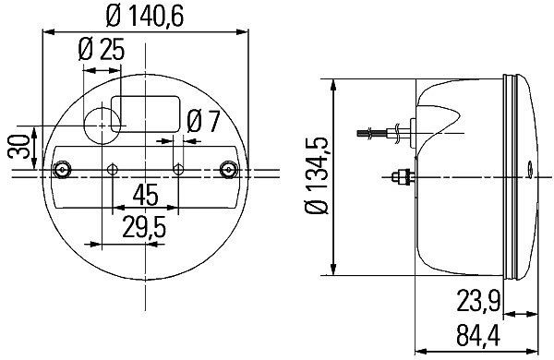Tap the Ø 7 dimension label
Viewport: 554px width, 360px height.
204,120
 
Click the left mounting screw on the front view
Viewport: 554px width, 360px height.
62,169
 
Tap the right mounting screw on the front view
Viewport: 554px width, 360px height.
230,169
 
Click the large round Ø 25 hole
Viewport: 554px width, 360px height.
103,119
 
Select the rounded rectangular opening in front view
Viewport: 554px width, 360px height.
146,110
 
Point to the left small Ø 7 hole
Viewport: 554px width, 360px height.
113,169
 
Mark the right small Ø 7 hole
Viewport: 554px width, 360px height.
179,169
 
